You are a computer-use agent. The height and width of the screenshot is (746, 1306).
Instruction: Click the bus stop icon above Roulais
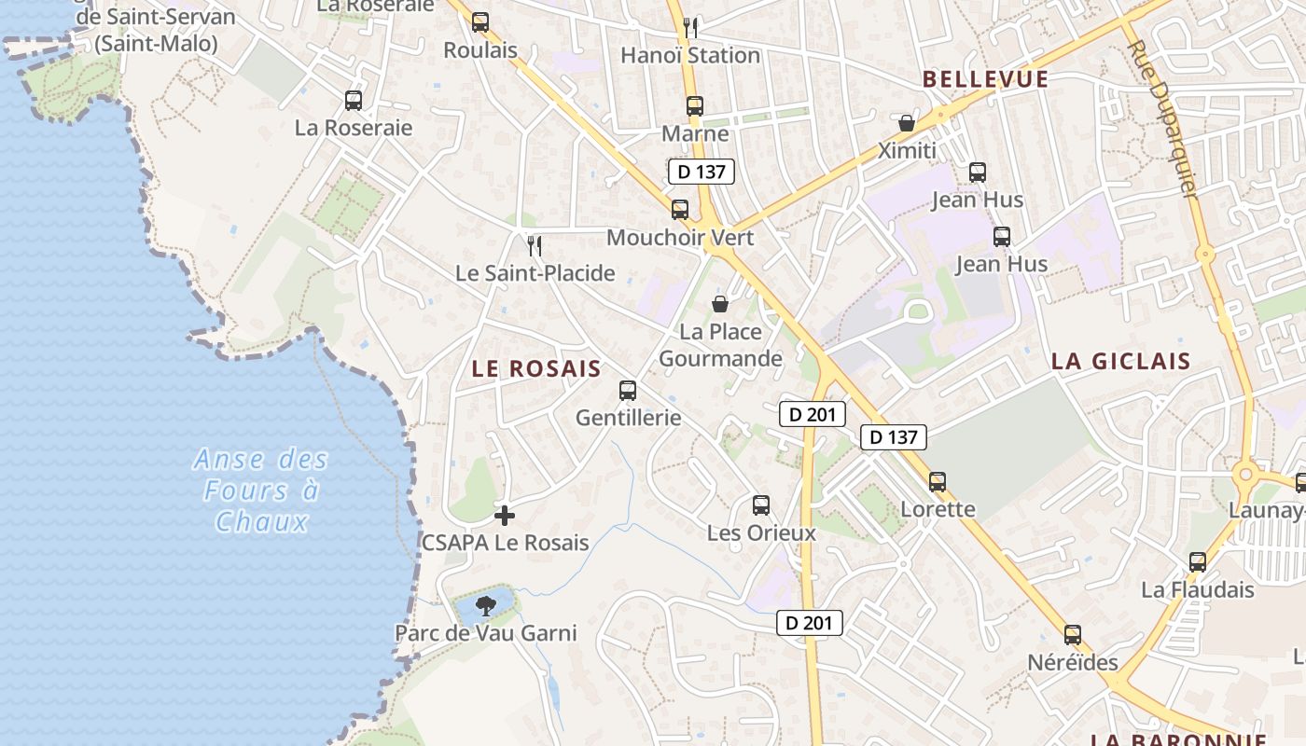(x=480, y=22)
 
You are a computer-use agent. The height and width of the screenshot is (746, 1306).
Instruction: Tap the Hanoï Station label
(x=690, y=55)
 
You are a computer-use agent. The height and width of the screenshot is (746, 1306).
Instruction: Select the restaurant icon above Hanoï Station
(x=690, y=26)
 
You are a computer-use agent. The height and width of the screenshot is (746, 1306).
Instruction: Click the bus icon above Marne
(x=694, y=106)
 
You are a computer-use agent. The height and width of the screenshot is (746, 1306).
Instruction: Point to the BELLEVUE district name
(x=986, y=79)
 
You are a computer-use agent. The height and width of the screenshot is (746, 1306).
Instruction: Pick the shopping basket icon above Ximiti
(x=906, y=123)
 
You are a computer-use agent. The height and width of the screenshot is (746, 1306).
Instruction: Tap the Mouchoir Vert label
(x=680, y=237)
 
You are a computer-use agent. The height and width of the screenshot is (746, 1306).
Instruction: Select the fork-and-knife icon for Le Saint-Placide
(x=535, y=246)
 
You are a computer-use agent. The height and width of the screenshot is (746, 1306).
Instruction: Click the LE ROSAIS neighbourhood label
(x=536, y=368)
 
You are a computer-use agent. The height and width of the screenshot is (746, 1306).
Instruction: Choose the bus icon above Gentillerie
(x=628, y=391)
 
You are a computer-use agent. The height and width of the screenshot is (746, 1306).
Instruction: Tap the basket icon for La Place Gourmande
(x=720, y=304)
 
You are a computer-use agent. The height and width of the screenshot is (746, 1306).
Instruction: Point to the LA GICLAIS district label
(x=1121, y=362)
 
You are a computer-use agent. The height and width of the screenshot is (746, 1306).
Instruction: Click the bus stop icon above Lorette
(x=938, y=482)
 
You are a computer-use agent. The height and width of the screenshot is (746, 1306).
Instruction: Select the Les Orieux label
(x=761, y=532)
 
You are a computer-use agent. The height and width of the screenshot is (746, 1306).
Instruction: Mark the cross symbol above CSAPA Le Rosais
(x=505, y=516)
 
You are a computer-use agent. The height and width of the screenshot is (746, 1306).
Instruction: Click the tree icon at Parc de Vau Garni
(x=485, y=607)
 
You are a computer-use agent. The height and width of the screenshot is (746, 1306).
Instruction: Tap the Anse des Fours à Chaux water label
(x=261, y=490)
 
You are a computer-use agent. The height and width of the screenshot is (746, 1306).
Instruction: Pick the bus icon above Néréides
(x=1073, y=635)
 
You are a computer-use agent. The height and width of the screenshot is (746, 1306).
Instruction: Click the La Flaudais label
(x=1198, y=589)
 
